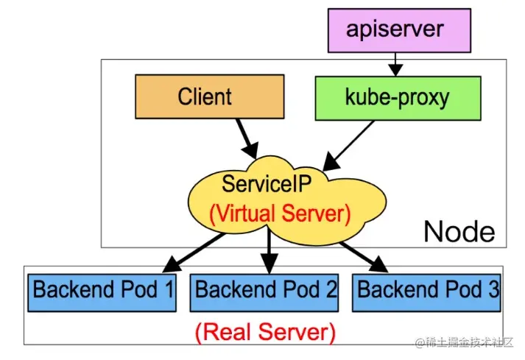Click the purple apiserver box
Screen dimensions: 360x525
point(398,29)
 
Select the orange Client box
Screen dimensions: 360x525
point(208,96)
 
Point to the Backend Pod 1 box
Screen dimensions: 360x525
point(102,289)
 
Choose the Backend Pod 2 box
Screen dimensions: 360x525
point(266,289)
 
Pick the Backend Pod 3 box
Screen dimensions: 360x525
point(428,289)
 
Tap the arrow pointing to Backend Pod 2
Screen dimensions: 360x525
point(269,250)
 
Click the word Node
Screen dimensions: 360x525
point(459,232)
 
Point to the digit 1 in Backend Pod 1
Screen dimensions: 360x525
point(168,289)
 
